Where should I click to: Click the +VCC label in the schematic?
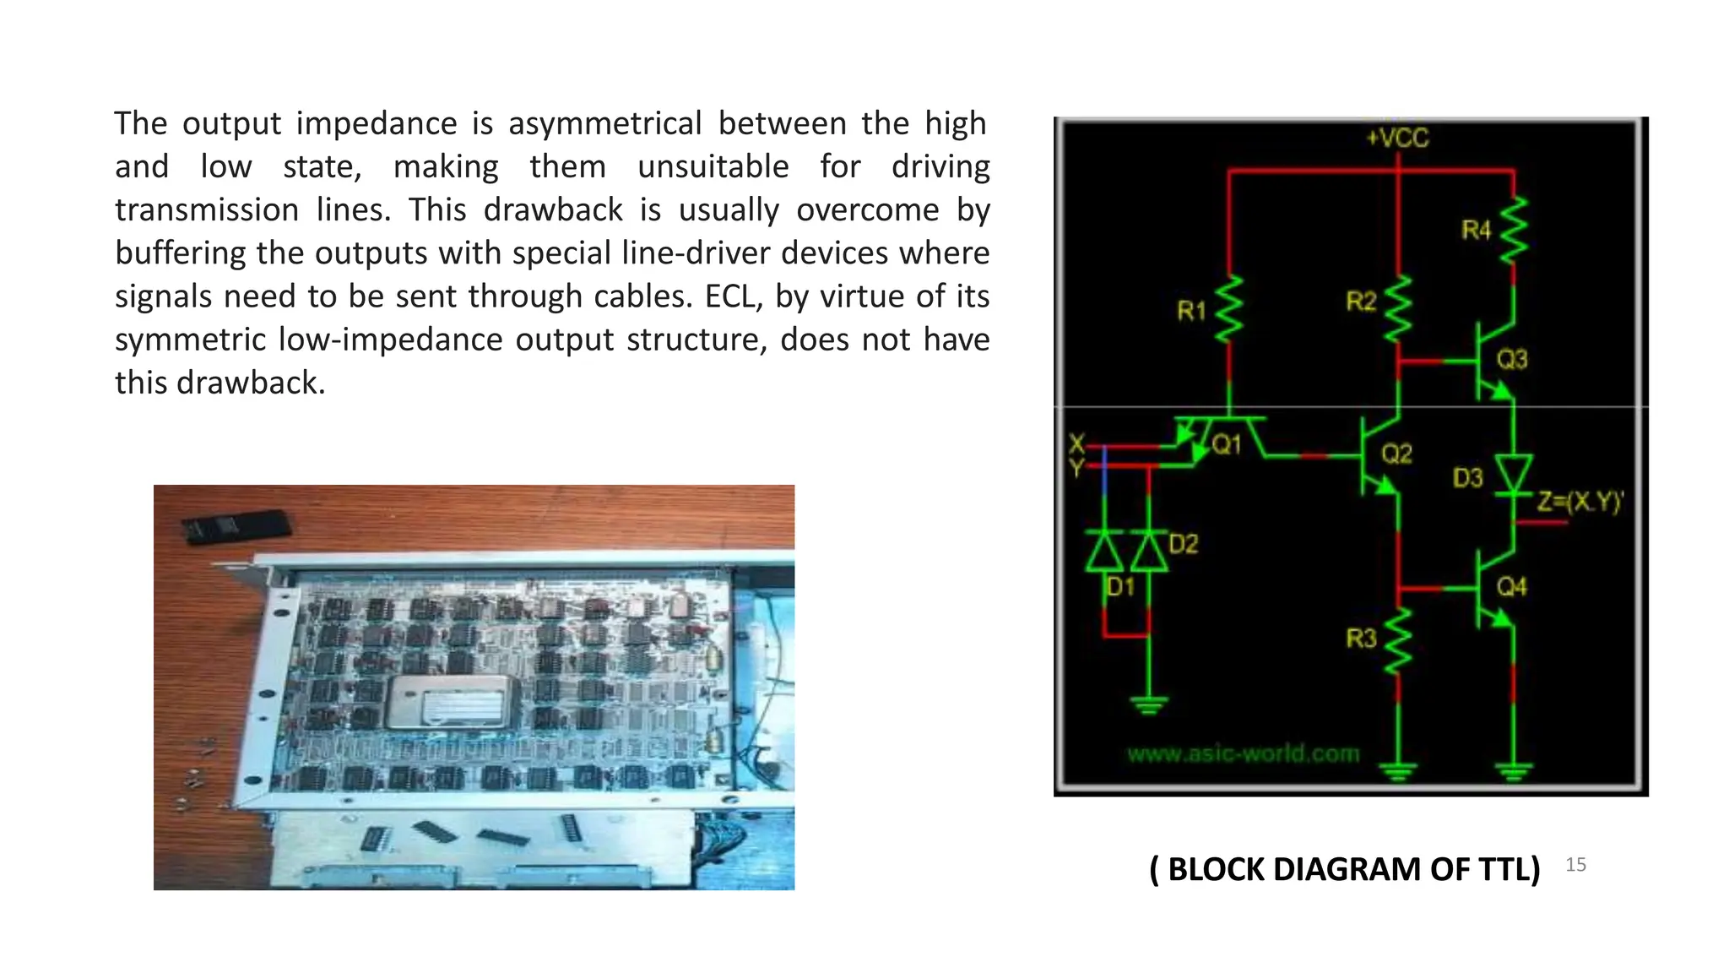click(1397, 138)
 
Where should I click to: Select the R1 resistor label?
click(1191, 312)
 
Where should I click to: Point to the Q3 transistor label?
click(1512, 360)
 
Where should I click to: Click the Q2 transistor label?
click(1396, 454)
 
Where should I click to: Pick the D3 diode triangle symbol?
click(1513, 472)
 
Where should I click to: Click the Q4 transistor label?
click(1512, 586)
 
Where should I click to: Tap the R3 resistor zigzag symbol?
click(1398, 642)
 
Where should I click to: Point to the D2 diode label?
click(1184, 544)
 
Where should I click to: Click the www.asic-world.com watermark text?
click(1243, 753)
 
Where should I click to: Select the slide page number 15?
click(1575, 865)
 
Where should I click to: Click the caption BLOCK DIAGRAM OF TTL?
click(1345, 869)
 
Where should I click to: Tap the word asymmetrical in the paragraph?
click(604, 124)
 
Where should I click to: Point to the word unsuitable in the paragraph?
click(713, 167)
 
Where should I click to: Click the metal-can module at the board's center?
click(448, 701)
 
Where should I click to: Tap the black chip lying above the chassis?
click(236, 526)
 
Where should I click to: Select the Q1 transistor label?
click(1226, 445)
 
